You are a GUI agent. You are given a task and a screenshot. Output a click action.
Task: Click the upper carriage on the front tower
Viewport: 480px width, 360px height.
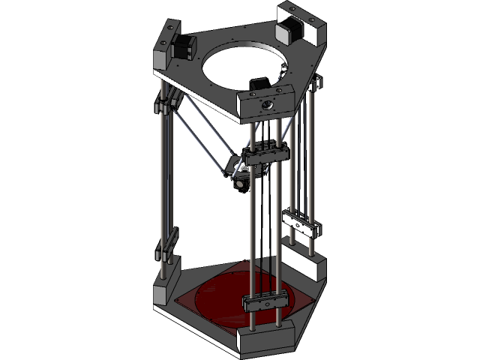pyautogui.click(x=266, y=155)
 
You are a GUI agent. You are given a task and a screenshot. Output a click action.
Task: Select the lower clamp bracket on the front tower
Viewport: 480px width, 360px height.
pyautogui.click(x=265, y=301)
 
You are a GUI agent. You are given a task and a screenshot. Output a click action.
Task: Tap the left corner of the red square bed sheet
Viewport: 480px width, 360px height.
pyautogui.click(x=177, y=301)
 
